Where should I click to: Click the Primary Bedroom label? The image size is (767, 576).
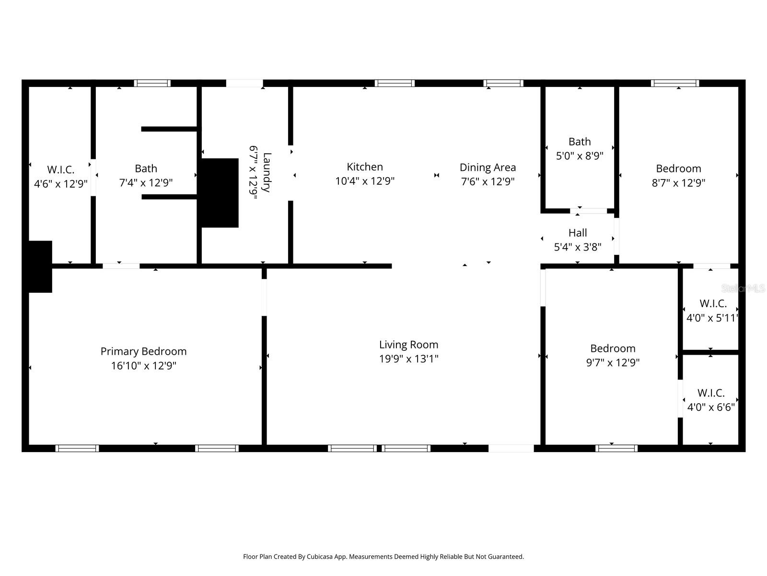(x=143, y=351)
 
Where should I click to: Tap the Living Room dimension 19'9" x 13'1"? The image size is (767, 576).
(x=408, y=359)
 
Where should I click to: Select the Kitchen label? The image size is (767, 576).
(x=365, y=167)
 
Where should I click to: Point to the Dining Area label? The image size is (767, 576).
(x=488, y=168)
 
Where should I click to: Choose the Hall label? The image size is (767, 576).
(x=578, y=233)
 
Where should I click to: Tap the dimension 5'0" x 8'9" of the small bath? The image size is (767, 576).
(x=580, y=156)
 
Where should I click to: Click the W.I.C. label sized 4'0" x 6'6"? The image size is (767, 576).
(x=711, y=393)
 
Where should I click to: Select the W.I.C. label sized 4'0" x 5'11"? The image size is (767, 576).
(x=713, y=303)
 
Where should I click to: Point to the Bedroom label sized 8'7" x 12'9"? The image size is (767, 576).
(x=678, y=168)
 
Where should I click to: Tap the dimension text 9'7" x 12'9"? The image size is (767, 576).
(x=613, y=362)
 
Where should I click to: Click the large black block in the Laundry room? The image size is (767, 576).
(x=220, y=192)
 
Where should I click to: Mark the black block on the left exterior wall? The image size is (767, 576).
(x=40, y=266)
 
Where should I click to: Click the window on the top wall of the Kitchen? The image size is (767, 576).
(x=395, y=83)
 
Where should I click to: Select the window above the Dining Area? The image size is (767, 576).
(x=503, y=83)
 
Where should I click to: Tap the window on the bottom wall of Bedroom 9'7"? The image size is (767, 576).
(x=616, y=448)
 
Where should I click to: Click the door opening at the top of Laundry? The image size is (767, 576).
(x=244, y=83)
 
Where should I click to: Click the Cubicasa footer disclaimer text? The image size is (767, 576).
(x=383, y=557)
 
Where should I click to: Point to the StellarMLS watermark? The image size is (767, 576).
(x=743, y=288)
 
